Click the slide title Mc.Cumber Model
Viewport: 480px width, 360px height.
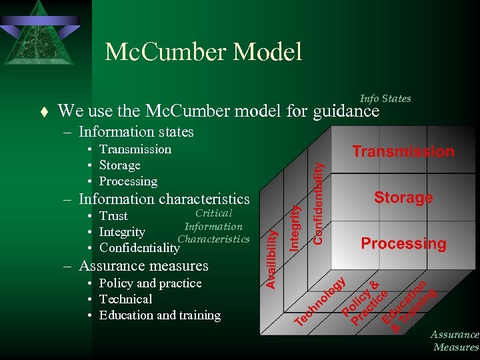(203, 52)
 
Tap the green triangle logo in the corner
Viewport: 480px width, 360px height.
(39, 33)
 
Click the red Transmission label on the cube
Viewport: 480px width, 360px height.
(403, 152)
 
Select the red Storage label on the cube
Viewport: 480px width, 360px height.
(403, 197)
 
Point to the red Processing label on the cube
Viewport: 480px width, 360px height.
(403, 244)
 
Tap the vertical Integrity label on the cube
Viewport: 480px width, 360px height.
(295, 227)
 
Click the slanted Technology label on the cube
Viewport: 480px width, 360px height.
(321, 302)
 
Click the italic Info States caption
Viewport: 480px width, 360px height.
(385, 99)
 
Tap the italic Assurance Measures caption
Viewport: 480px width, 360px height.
(455, 341)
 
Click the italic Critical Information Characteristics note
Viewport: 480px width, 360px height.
(213, 226)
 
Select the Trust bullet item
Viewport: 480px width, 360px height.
(113, 216)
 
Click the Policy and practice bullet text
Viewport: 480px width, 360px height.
(150, 283)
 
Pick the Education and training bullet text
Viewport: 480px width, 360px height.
(159, 315)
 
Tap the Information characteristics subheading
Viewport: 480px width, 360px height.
(164, 199)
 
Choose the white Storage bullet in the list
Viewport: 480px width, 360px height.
(119, 165)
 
